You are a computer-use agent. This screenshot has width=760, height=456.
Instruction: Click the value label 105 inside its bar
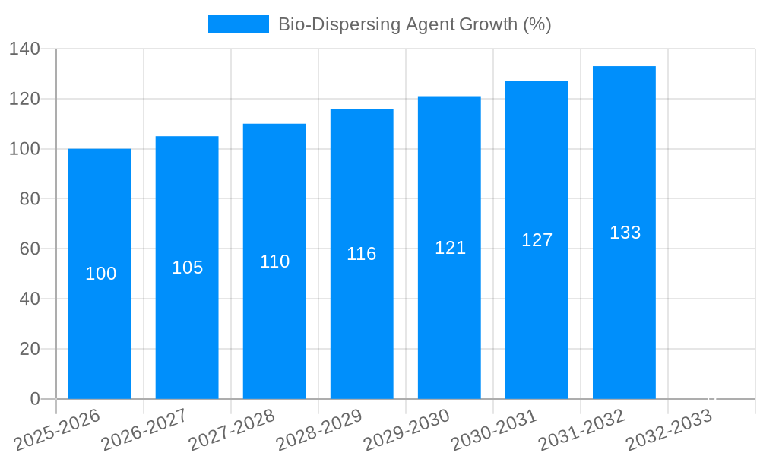click(x=188, y=268)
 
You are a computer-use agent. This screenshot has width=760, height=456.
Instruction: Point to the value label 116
click(x=362, y=254)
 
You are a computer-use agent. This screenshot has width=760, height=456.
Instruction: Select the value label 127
click(x=537, y=240)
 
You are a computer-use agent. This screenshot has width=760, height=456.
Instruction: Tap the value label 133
click(x=625, y=233)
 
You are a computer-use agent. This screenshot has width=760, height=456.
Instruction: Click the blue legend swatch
click(x=238, y=24)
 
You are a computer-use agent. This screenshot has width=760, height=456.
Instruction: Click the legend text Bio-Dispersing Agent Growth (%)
click(x=414, y=24)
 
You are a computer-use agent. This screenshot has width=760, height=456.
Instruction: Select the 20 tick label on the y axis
click(x=30, y=349)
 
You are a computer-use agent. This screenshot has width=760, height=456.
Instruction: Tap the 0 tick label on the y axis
click(x=34, y=399)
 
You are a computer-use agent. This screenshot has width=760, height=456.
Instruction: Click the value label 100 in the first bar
click(x=100, y=274)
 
